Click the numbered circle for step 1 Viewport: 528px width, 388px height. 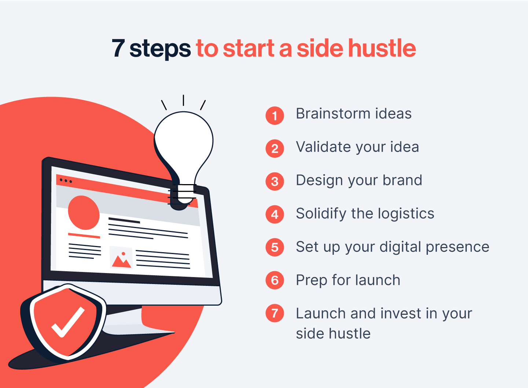tap(275, 116)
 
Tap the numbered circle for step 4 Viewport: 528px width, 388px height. tap(275, 214)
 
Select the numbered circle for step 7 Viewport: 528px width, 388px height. tap(275, 313)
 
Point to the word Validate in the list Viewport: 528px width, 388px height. tap(323, 147)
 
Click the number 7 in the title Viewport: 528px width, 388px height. tap(118, 48)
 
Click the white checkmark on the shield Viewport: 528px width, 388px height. tap(68, 322)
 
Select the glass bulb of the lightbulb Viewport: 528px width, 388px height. tap(184, 146)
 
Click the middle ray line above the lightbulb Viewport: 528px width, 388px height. tap(183, 100)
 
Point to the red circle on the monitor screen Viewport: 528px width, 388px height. tap(84, 212)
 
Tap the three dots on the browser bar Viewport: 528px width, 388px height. tap(66, 181)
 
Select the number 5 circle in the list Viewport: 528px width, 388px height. tap(275, 247)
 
